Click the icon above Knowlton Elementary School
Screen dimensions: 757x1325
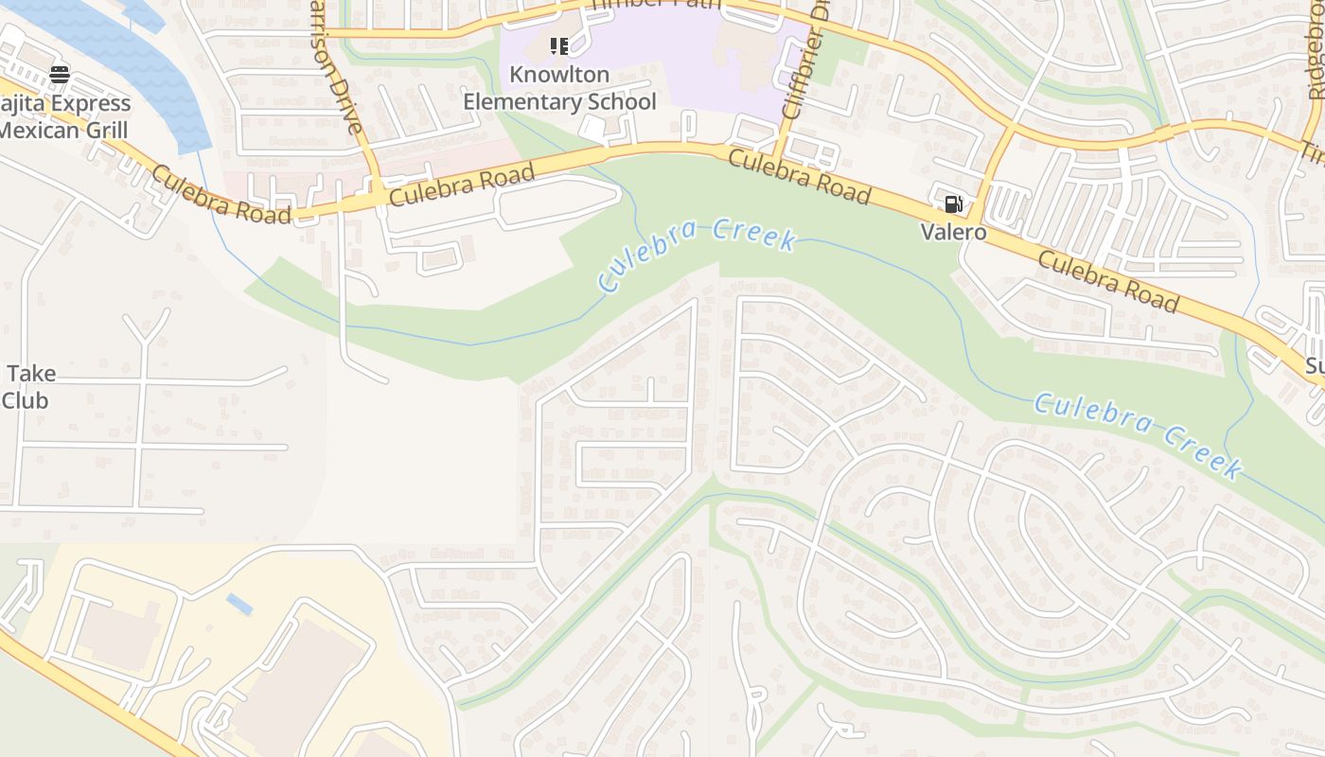click(559, 46)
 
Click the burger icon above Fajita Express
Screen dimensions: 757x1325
click(60, 74)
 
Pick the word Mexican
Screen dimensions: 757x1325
click(39, 130)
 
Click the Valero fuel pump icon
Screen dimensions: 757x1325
click(953, 204)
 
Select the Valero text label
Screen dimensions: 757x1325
click(954, 233)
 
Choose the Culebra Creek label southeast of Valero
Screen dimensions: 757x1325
click(1137, 434)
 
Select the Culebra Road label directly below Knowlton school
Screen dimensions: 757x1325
click(462, 185)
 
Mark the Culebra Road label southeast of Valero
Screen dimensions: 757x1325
click(1108, 281)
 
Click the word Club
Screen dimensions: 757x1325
click(25, 400)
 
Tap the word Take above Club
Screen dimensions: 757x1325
click(32, 374)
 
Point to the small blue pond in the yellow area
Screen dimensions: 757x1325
click(239, 604)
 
